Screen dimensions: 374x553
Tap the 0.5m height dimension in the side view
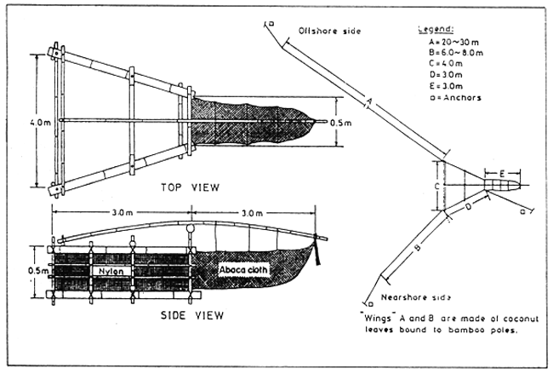pyautogui.click(x=31, y=272)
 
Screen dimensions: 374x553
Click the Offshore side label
pyautogui.click(x=329, y=31)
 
